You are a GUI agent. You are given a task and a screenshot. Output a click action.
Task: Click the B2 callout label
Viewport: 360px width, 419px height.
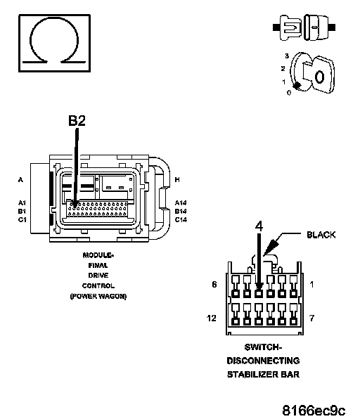tap(77, 120)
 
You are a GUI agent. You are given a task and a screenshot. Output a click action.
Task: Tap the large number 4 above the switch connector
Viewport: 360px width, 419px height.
tap(259, 226)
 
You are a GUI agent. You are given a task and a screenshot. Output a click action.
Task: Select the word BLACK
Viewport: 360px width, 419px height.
tap(321, 235)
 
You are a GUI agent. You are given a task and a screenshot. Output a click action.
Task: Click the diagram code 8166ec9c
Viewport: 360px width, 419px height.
tap(314, 410)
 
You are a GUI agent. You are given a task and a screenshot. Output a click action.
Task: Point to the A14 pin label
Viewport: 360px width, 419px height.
tap(181, 202)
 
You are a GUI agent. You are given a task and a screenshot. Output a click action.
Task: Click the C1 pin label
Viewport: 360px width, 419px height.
tap(22, 219)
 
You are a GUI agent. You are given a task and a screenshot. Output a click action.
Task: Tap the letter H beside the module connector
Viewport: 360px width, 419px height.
tap(177, 180)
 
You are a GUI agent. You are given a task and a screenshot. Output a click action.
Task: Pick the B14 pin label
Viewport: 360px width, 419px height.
tap(181, 212)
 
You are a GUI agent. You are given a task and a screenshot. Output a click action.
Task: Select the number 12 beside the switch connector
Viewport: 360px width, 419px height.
tap(212, 318)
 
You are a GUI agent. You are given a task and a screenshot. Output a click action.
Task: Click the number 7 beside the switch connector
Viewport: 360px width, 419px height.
tap(312, 318)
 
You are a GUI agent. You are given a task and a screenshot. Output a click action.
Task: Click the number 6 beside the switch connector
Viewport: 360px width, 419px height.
tap(214, 285)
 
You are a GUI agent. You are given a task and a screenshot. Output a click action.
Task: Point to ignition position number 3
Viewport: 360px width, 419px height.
tap(287, 56)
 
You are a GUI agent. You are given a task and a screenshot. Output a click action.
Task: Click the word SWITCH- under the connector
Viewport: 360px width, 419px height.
tap(263, 347)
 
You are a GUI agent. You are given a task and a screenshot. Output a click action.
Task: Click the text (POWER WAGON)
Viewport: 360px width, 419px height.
tap(98, 297)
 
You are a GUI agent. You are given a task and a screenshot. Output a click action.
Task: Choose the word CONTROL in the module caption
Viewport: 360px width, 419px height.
tap(98, 286)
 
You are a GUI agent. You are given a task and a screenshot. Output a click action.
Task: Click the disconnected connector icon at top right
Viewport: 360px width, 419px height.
tap(304, 27)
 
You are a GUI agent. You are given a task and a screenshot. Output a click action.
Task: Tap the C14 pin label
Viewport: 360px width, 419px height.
tap(181, 219)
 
